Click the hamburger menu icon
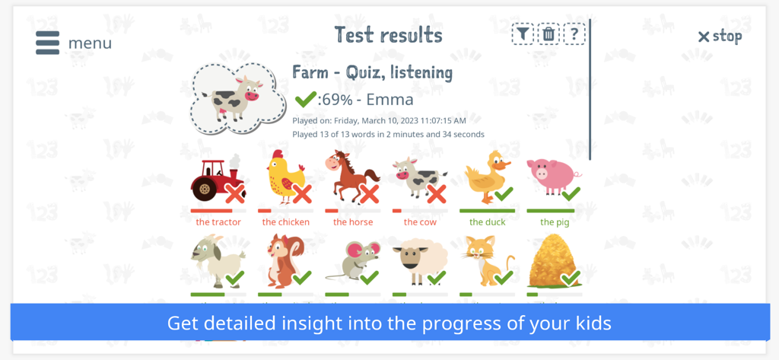pos(47,43)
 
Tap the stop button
pos(720,36)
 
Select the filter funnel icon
pos(523,34)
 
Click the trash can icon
pos(548,34)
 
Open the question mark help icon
pos(574,34)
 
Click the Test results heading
pos(388,35)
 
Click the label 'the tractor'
pos(218,222)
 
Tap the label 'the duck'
pos(487,222)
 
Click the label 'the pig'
pos(555,222)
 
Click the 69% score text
pos(335,100)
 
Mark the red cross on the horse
pos(369,194)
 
